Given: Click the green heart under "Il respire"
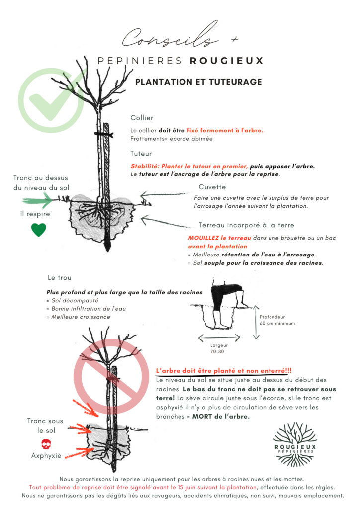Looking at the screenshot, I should (39, 230).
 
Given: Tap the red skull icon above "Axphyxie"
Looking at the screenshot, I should (46, 444).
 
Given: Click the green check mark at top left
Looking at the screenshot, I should (51, 99).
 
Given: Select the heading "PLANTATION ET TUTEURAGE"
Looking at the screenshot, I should (198, 82).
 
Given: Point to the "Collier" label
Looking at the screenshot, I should (142, 118).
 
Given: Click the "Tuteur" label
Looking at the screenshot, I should (141, 154).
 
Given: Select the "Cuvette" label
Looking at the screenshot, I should (212, 187).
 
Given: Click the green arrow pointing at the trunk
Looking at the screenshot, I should (37, 200).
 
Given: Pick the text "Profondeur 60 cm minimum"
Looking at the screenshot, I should (277, 319).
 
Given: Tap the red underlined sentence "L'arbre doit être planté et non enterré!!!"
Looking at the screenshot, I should (224, 371).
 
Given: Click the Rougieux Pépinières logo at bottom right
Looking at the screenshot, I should (295, 442).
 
